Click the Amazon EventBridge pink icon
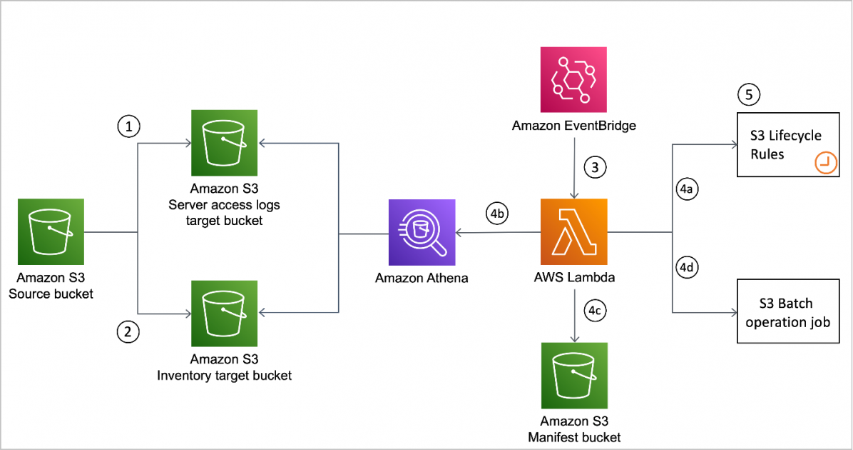coord(574,80)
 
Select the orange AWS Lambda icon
coord(574,231)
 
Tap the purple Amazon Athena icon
coord(422,231)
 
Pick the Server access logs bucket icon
coord(224,142)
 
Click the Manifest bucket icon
coord(574,375)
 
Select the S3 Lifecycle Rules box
coord(788,145)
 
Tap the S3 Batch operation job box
coord(788,313)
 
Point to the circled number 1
coord(128,127)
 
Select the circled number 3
coord(594,168)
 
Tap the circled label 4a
coord(685,190)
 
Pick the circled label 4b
coord(497,213)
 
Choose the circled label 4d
coord(685,269)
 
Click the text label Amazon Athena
coord(422,278)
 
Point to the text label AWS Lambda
coord(574,278)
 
